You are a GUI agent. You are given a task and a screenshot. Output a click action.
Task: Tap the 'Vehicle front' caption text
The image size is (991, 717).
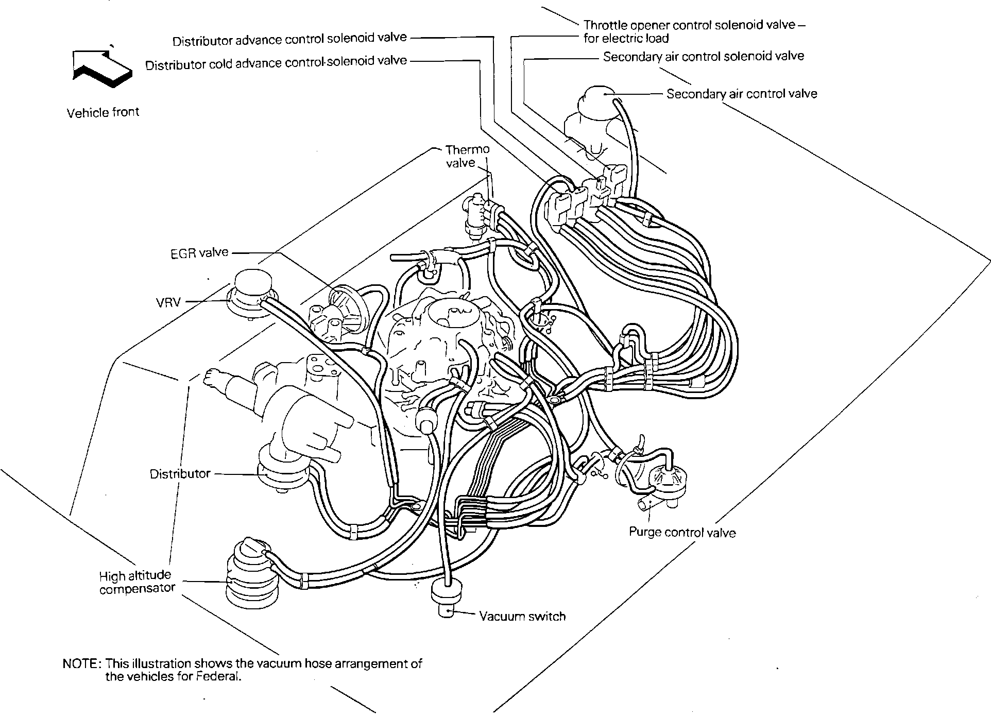(x=103, y=112)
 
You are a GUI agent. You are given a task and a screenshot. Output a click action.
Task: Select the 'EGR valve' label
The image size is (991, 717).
(x=199, y=253)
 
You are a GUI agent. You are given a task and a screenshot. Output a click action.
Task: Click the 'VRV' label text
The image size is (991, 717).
(x=168, y=302)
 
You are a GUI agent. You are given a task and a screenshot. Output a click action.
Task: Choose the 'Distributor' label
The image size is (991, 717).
(x=180, y=474)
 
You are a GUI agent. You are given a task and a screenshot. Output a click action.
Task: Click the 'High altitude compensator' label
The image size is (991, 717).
(x=137, y=582)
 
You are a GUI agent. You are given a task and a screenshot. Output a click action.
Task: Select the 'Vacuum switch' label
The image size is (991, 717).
(x=522, y=616)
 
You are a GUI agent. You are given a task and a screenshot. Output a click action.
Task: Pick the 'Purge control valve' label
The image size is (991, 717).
(x=682, y=532)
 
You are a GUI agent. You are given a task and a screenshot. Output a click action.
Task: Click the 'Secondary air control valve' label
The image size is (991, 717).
(x=742, y=94)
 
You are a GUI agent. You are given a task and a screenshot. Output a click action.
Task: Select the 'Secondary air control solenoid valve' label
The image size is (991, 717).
(x=703, y=56)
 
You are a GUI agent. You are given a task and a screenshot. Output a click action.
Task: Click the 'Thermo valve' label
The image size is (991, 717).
(x=467, y=156)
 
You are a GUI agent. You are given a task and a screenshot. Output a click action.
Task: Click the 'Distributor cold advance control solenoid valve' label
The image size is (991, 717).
(x=276, y=63)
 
